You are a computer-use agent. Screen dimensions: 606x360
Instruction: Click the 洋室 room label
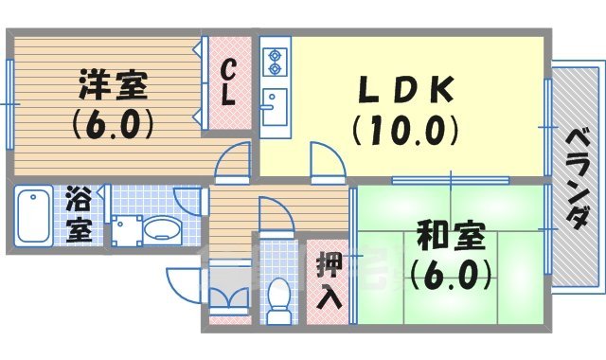[111, 85]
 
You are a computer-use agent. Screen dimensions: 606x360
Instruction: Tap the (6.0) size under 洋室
[111, 122]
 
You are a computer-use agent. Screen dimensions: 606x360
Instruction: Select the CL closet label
[229, 82]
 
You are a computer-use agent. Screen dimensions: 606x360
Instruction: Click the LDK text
[404, 89]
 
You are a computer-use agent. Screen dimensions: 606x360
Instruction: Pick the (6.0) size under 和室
[450, 275]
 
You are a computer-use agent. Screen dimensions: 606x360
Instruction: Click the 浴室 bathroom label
[80, 215]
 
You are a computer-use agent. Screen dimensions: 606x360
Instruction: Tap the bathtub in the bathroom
[34, 217]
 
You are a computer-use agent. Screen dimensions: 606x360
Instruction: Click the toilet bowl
[278, 295]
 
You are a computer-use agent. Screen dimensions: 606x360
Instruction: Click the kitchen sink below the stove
[274, 102]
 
